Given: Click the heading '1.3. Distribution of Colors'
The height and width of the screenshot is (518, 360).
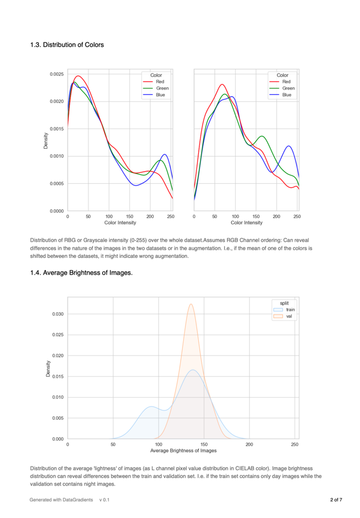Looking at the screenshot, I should (67, 45).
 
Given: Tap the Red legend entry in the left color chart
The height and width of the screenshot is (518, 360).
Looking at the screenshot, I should (159, 82).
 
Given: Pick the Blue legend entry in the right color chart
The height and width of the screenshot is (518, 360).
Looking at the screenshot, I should (286, 94).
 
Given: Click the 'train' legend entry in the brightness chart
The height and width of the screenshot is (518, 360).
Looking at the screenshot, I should (290, 310).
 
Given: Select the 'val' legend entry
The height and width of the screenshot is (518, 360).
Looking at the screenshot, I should (288, 316).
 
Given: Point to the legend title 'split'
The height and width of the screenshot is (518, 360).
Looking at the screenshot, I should (285, 303).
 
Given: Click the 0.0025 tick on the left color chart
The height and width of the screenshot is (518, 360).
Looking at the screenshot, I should (55, 74).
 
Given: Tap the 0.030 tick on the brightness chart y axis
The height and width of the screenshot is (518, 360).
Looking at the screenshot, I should (57, 314).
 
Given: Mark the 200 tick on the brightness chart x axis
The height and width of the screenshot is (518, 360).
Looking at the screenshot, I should (249, 444).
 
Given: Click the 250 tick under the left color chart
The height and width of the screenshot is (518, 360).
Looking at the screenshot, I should (170, 216).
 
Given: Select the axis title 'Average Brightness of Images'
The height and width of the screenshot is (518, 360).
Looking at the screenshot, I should (183, 450).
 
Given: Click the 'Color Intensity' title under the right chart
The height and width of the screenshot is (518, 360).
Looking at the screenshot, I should (246, 222).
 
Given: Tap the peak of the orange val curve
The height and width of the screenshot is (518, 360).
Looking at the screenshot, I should (191, 304).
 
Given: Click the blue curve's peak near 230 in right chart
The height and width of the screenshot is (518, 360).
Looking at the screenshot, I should (288, 146).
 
